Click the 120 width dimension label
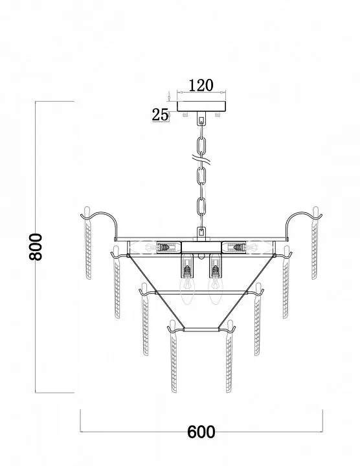click(x=201, y=85)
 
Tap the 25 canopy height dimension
click(x=160, y=115)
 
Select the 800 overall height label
click(x=36, y=247)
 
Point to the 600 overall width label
click(x=201, y=432)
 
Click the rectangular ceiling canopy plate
click(x=201, y=106)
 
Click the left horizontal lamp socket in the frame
click(x=163, y=247)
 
